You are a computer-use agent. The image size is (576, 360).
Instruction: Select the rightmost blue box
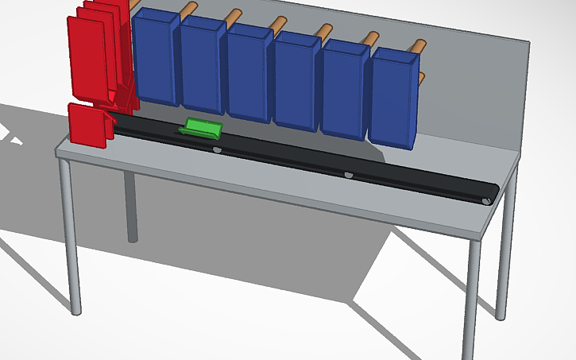click(392, 97)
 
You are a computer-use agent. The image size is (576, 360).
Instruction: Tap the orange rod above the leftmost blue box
click(188, 9)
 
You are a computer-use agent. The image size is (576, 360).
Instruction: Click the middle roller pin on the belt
click(347, 174)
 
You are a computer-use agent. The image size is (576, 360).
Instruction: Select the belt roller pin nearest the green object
click(218, 149)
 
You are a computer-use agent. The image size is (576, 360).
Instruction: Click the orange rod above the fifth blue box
click(370, 37)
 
